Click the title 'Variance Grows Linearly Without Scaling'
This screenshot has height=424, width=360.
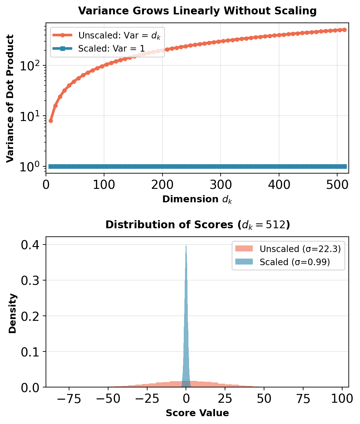[197, 11]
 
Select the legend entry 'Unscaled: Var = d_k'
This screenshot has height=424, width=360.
[119, 35]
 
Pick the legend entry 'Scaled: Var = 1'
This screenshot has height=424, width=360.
[111, 48]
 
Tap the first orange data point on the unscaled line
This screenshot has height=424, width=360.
[51, 121]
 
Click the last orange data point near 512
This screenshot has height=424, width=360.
[344, 30]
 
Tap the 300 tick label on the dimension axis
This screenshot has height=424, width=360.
[221, 185]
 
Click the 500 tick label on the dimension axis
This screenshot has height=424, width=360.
[337, 185]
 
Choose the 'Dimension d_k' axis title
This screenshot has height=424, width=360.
[197, 199]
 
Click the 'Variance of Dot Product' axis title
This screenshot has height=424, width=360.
[10, 98]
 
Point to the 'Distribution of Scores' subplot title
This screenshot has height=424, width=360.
[197, 225]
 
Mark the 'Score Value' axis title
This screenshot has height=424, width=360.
[197, 413]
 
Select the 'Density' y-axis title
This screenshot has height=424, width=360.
[12, 313]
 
